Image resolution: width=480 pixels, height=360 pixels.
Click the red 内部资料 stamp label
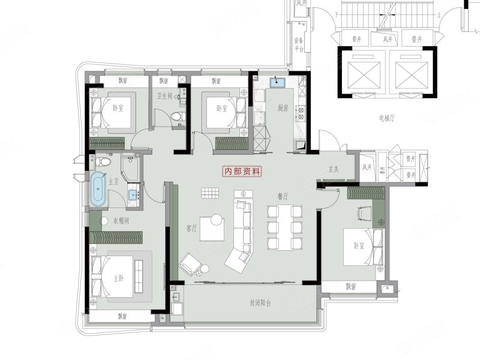242,171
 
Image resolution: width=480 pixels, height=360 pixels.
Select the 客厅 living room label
192,229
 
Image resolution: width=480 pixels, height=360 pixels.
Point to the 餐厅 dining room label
283,196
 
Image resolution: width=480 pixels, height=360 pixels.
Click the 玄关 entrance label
334,170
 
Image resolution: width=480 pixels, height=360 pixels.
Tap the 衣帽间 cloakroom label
122,220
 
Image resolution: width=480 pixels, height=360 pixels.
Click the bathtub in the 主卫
98,188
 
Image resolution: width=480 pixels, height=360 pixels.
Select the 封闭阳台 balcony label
260,304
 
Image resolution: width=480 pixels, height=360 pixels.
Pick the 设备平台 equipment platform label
298,44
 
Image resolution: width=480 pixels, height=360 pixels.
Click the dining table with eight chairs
283,227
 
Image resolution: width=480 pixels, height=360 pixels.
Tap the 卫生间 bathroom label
164,96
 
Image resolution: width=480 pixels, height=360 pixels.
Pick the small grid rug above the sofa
209,193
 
